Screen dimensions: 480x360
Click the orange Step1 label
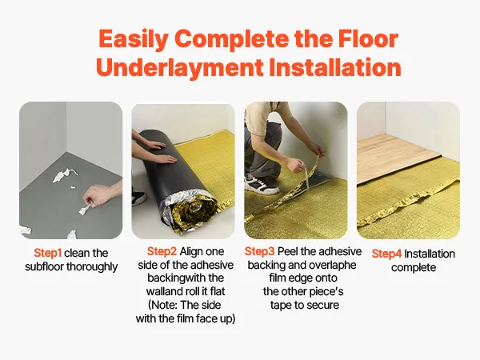pyautogui.click(x=48, y=253)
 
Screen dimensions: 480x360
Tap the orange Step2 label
pyautogui.click(x=162, y=251)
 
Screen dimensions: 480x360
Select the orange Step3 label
pyautogui.click(x=259, y=251)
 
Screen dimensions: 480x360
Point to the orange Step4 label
pyautogui.click(x=386, y=254)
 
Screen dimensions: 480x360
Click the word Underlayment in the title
pyautogui.click(x=180, y=68)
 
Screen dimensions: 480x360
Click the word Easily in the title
pyautogui.click(x=133, y=40)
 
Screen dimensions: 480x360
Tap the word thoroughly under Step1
pyautogui.click(x=92, y=267)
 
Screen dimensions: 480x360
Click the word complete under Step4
pyautogui.click(x=414, y=267)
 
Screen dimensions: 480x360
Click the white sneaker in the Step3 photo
pyautogui.click(x=261, y=184)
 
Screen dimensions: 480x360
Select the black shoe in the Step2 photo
pyautogui.click(x=139, y=198)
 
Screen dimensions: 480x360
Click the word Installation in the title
pyautogui.click(x=335, y=67)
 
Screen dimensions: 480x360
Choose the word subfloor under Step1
pyautogui.click(x=44, y=266)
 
